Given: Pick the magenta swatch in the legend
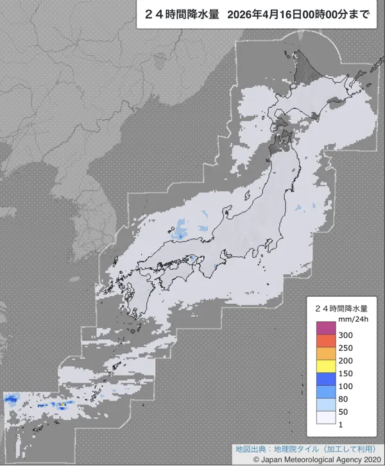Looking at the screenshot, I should (327, 328).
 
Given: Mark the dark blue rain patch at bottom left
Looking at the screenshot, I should (11, 399).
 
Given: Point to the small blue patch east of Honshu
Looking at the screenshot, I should (298, 208).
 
